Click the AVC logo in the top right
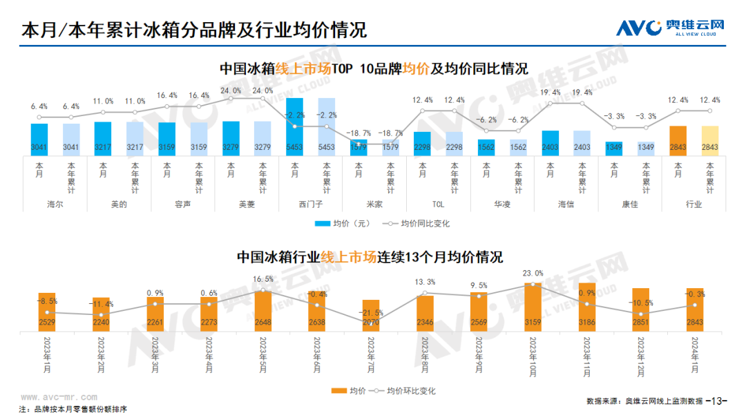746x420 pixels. pyautogui.click(x=670, y=28)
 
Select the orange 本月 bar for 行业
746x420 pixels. pyautogui.click(x=678, y=142)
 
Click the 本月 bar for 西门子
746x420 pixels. pyautogui.click(x=294, y=128)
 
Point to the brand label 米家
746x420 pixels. pyautogui.click(x=374, y=204)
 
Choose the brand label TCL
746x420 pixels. pyautogui.click(x=438, y=204)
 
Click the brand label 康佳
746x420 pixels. pyautogui.click(x=629, y=204)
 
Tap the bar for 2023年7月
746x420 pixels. pyautogui.click(x=371, y=314)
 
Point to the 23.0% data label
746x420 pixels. pyautogui.click(x=533, y=274)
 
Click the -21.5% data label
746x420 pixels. pyautogui.click(x=371, y=312)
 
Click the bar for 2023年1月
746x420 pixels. pyautogui.click(x=47, y=310)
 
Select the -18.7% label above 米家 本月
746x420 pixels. pyautogui.click(x=358, y=133)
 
